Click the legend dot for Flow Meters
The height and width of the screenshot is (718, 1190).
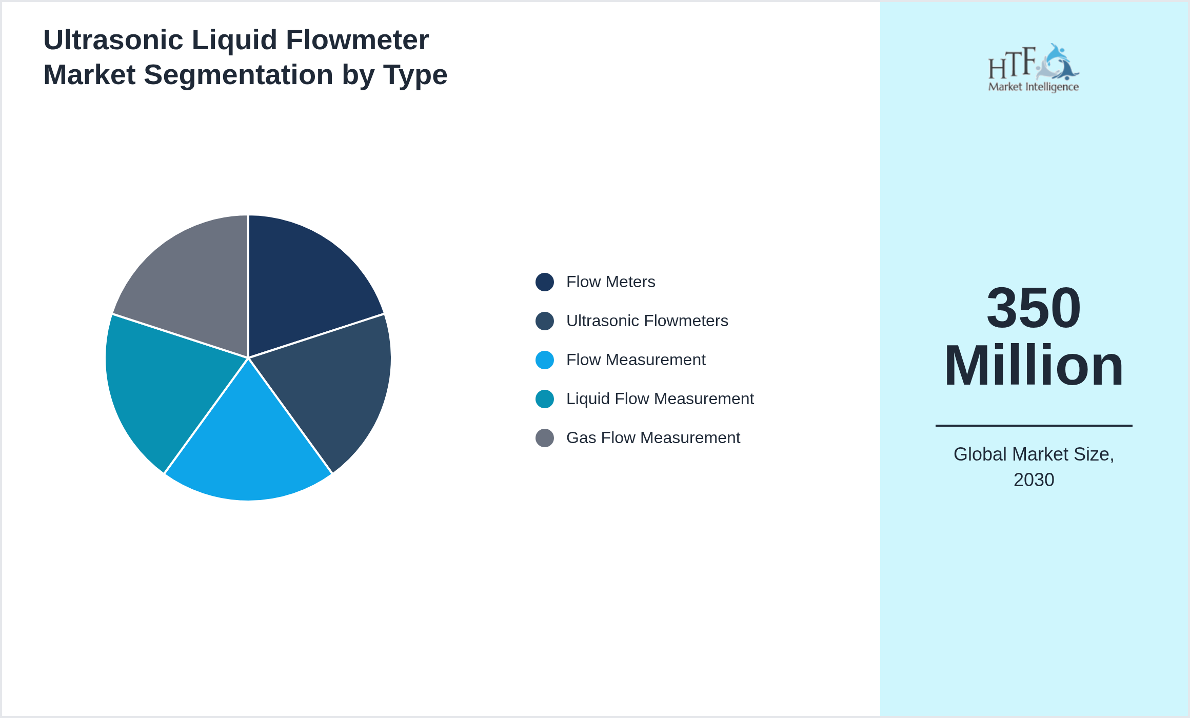(544, 282)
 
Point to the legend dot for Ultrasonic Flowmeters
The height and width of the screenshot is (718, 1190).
(544, 321)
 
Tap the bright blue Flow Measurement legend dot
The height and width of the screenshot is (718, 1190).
(544, 360)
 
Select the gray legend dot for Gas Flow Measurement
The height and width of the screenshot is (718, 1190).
(544, 438)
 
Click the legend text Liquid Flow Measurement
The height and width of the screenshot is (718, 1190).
(660, 399)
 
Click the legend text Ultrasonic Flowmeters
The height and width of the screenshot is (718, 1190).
(647, 321)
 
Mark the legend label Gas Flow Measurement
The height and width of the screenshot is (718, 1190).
(653, 438)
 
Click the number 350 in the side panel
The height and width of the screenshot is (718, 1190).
(1034, 308)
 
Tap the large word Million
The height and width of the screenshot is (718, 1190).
(1034, 366)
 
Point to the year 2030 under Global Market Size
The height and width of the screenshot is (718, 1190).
(1034, 480)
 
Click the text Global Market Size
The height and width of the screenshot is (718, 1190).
(1034, 454)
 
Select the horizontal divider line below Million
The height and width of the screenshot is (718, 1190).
(1034, 425)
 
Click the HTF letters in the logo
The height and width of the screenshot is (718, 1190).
(1012, 64)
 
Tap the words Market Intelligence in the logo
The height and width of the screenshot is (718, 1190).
(1033, 87)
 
